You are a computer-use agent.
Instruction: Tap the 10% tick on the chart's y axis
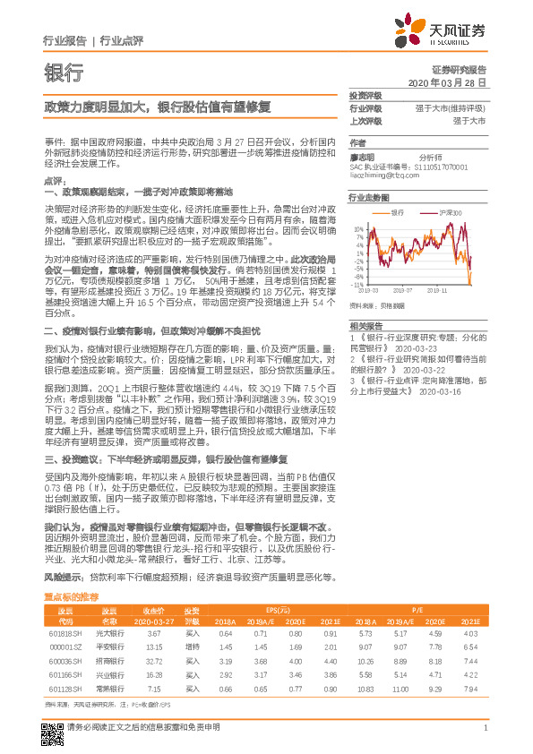(358, 228)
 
